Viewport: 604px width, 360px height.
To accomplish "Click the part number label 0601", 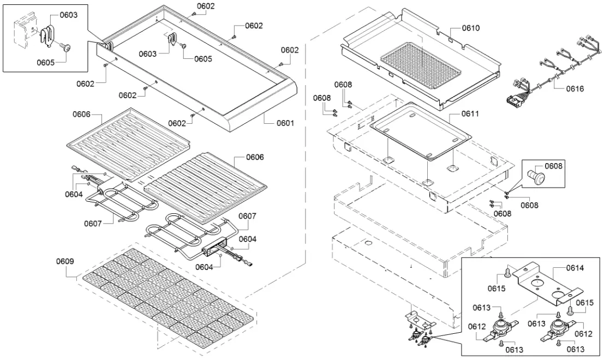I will coord(285,123).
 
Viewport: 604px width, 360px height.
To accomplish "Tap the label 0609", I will coord(64,261).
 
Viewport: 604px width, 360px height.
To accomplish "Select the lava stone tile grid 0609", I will coord(166,300).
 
